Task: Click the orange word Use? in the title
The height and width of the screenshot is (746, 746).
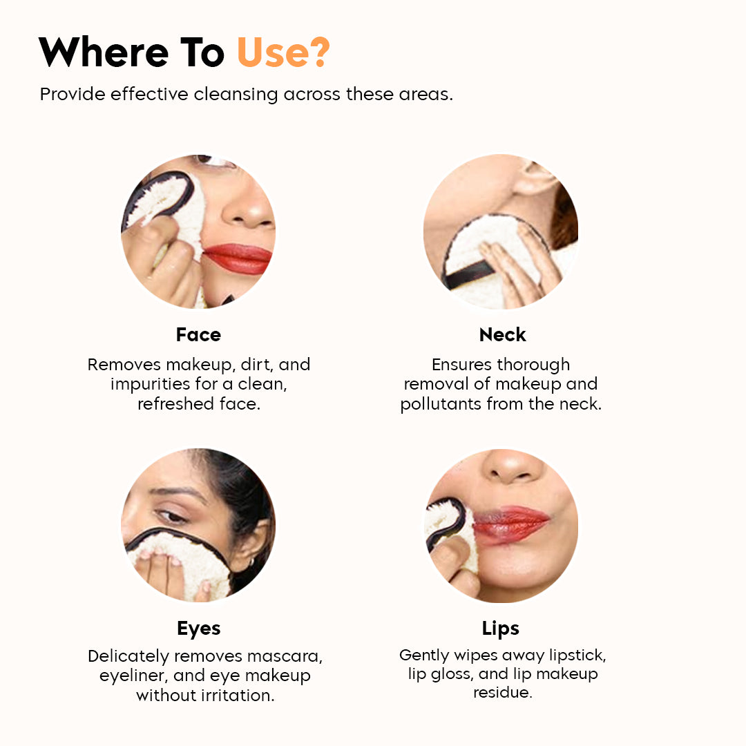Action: (x=283, y=52)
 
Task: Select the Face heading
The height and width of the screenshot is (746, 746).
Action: (x=198, y=335)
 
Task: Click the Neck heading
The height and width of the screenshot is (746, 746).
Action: (x=502, y=335)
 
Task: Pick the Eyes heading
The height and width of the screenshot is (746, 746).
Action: (x=198, y=629)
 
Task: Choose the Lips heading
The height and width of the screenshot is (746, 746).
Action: (x=501, y=629)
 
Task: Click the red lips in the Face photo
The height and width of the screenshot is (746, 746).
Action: (x=238, y=258)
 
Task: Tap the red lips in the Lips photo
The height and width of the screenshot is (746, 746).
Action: (x=510, y=524)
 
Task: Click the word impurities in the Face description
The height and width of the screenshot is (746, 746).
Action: (x=151, y=384)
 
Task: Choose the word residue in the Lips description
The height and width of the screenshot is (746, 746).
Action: (x=502, y=693)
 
